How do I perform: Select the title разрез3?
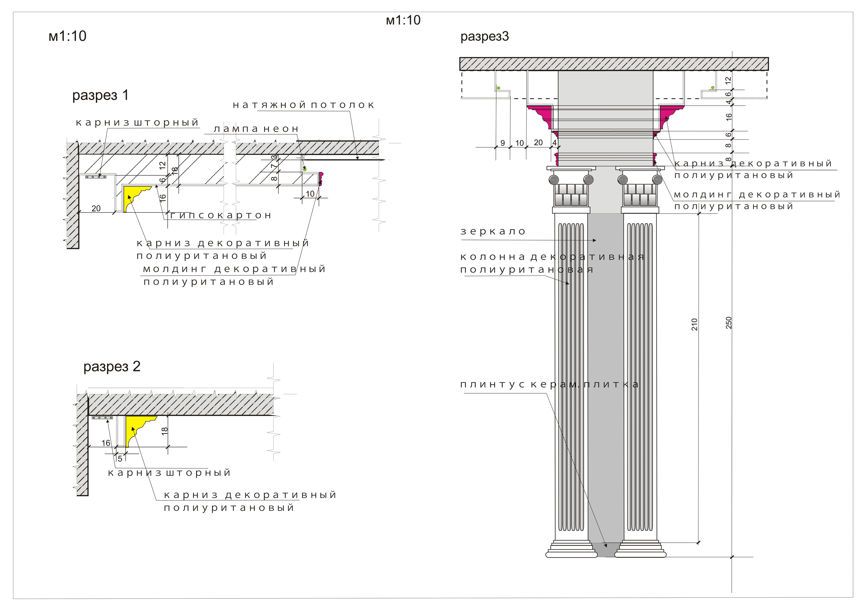485,37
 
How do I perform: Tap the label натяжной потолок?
304,105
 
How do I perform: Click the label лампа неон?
256,129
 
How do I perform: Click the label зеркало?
493,231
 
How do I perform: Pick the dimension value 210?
694,324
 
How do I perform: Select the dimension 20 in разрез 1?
96,209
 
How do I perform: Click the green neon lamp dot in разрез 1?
305,169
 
